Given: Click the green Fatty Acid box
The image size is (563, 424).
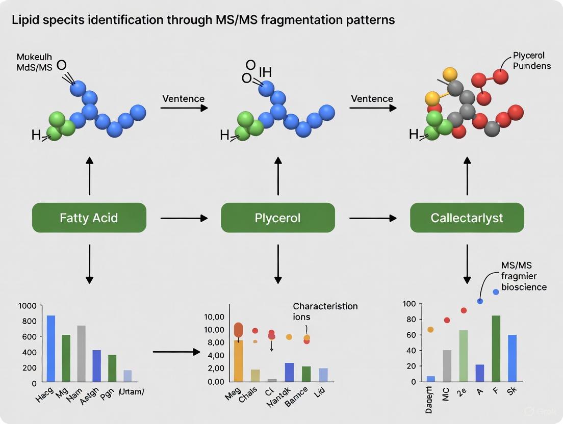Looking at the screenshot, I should pos(89,218).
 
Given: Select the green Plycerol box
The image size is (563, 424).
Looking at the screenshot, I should pos(278,218).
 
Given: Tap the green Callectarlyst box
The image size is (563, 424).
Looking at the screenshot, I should pos(467,218).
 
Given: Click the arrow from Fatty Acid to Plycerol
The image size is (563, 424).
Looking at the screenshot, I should pos(184,218).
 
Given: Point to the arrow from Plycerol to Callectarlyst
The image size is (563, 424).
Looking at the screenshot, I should pos(373,218).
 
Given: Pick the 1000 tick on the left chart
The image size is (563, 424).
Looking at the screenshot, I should pos(28,306).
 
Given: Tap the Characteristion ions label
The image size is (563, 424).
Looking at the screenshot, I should pos(325,311).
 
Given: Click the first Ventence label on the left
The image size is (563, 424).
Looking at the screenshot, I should pos(183,98).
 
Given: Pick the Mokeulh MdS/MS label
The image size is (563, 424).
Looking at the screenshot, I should pos(34,64).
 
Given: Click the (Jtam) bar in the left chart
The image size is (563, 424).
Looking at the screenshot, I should pos(127,376).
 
